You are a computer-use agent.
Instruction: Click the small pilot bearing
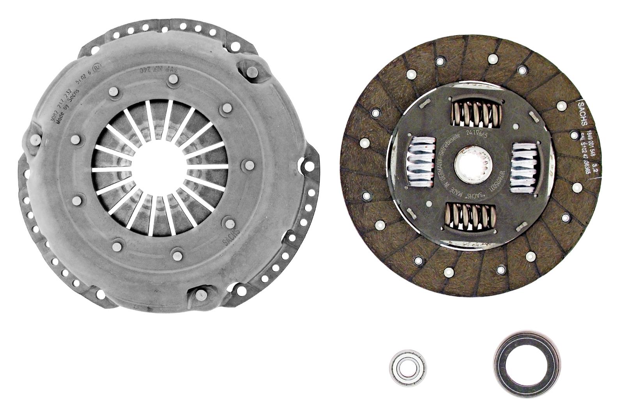tap(408, 367)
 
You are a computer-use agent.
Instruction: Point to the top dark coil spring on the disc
tap(476, 113)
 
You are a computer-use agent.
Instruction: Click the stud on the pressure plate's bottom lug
tap(200, 294)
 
